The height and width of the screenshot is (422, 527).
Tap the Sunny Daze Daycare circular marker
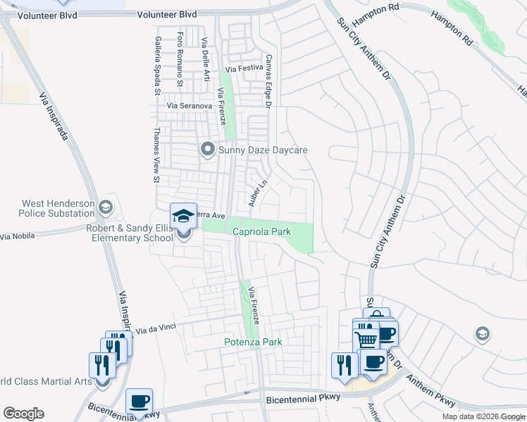(207, 149)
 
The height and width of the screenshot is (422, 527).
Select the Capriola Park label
(258, 231)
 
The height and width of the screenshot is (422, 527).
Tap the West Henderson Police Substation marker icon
(106, 207)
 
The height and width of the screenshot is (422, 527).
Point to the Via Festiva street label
(244, 69)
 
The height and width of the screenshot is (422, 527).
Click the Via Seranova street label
(189, 105)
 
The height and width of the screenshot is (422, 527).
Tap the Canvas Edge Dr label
(268, 82)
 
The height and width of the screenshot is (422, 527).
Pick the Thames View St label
(157, 155)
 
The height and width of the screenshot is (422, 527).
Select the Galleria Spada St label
(157, 68)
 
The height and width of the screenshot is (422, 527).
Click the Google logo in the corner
(24, 414)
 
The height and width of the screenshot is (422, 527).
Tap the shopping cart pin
(366, 339)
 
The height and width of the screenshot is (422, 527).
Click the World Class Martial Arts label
(46, 381)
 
